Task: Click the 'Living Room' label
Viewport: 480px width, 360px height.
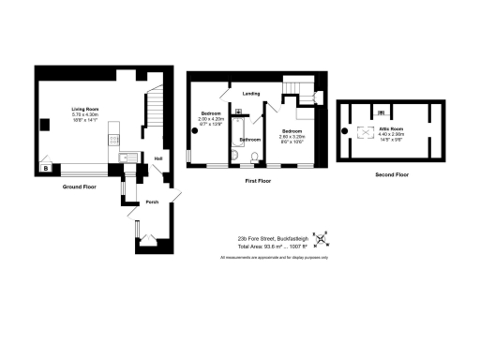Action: pos(86,110)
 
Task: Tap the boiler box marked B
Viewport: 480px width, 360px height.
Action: pos(44,169)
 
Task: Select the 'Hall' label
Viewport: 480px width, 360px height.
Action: pos(158,158)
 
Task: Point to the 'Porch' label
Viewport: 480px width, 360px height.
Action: pos(151,202)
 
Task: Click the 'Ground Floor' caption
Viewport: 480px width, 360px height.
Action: pos(80,187)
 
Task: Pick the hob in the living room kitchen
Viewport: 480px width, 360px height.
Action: pos(115,142)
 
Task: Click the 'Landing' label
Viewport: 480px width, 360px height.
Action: pos(251,93)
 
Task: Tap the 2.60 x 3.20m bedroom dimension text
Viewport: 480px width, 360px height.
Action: pos(292,137)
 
